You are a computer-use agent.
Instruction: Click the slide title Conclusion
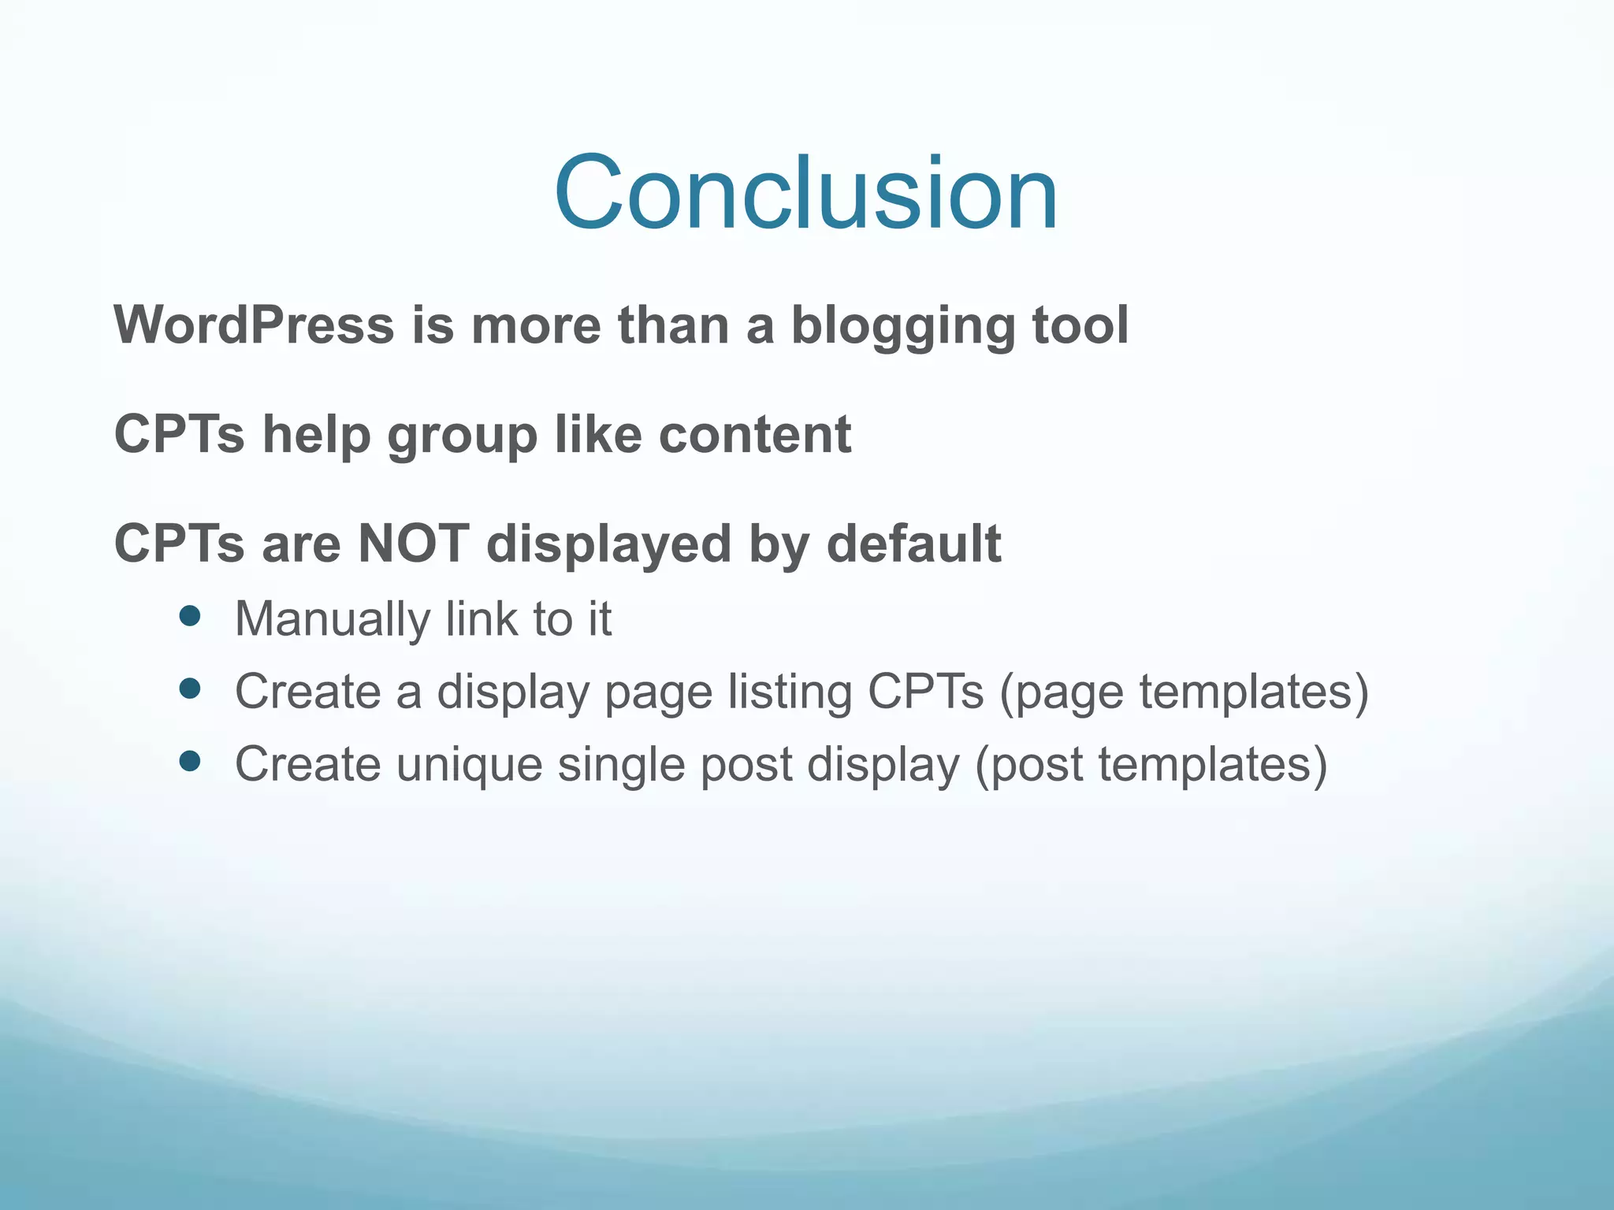tap(805, 193)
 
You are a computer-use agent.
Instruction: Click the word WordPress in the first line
tap(254, 325)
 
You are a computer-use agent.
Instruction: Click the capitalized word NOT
tap(414, 544)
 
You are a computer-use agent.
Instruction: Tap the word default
tap(913, 544)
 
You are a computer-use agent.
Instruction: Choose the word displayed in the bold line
tap(609, 545)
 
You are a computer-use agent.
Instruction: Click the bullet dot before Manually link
tap(190, 616)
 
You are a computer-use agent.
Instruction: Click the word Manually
tap(332, 620)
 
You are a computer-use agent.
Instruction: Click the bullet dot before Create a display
tap(190, 689)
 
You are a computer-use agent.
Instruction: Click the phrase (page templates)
tap(1184, 692)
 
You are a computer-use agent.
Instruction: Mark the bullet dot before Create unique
tap(190, 761)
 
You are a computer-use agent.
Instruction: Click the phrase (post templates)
tap(1151, 765)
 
